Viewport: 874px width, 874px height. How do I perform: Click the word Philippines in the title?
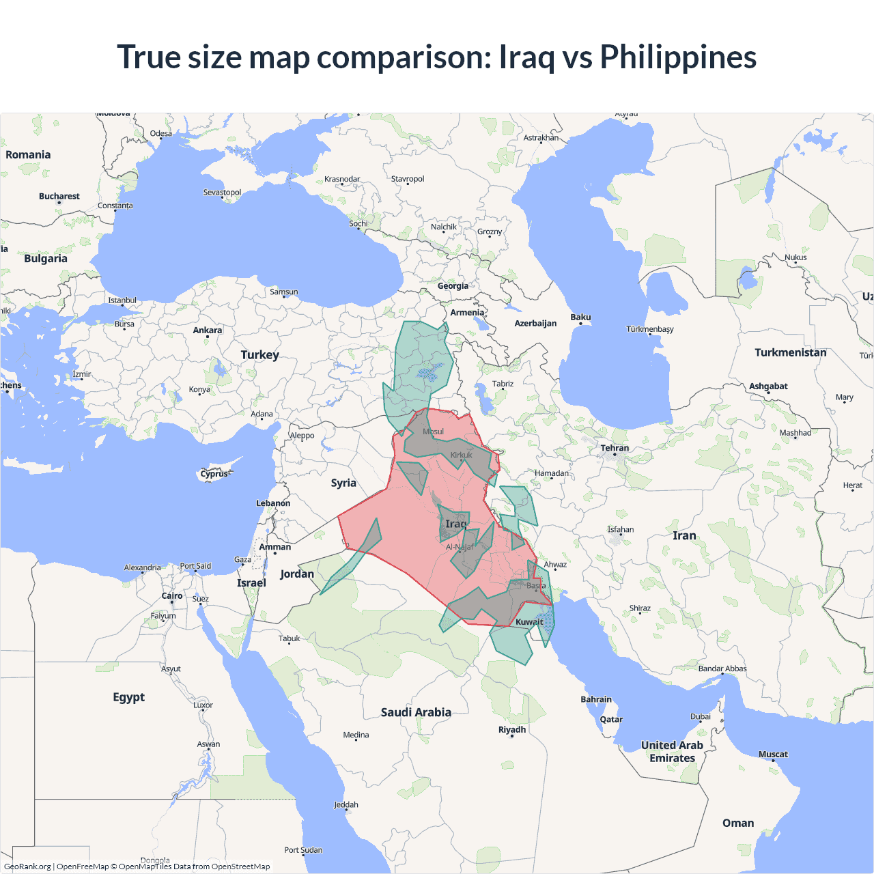pos(677,57)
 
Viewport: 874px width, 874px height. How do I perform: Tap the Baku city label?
pos(580,318)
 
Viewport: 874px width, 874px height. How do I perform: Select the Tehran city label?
pos(615,449)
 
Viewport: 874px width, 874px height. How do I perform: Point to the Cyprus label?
pos(214,474)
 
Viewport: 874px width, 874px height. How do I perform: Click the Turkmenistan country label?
pos(790,353)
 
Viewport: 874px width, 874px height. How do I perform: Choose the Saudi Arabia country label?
pos(416,712)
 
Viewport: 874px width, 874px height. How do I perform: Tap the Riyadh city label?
pos(512,730)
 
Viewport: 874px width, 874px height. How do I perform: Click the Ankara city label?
pos(208,330)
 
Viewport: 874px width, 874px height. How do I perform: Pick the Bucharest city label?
pos(59,197)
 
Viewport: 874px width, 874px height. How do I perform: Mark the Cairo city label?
pos(172,596)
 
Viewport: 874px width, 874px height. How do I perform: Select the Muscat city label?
pos(773,755)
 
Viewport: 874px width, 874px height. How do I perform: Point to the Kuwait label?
pos(529,622)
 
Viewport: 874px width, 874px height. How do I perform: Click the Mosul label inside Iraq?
pos(433,432)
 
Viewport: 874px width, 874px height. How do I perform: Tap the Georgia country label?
pos(453,286)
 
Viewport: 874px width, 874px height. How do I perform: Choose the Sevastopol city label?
pos(222,193)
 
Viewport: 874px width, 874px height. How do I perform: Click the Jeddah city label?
pos(346,805)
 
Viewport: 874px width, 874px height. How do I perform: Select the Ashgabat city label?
pos(768,386)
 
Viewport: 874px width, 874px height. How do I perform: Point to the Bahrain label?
pos(596,699)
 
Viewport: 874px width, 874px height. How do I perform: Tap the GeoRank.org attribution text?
pos(27,866)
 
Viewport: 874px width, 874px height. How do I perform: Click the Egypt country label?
pos(129,697)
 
